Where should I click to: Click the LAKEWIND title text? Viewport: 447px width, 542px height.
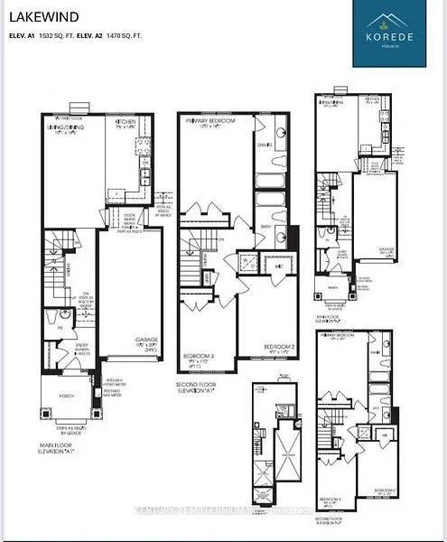(43, 17)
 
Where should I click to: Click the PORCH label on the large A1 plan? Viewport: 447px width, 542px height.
(66, 380)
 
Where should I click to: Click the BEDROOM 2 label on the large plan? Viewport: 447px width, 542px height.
(276, 346)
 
